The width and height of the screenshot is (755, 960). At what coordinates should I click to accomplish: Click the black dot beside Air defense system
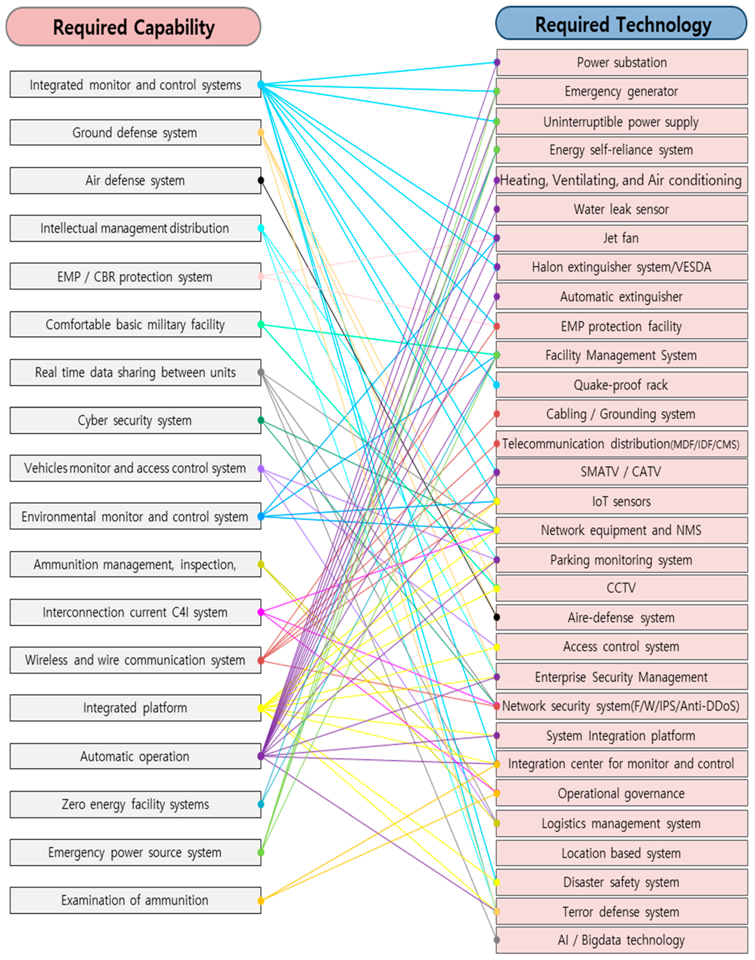pos(261,180)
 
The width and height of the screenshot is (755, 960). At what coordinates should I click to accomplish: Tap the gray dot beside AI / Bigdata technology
pos(496,940)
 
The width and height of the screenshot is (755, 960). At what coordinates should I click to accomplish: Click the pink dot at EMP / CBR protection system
pos(261,277)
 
